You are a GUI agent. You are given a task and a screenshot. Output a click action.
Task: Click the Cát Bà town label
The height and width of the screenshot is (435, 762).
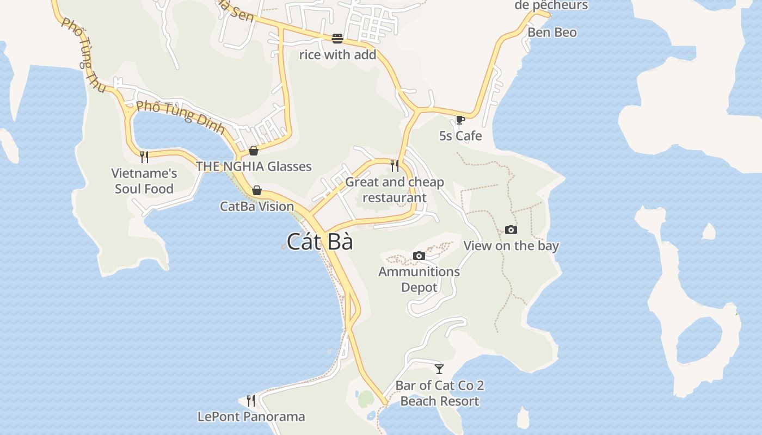coord(320,241)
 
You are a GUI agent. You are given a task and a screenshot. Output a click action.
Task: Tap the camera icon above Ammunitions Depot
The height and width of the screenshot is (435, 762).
coord(419,256)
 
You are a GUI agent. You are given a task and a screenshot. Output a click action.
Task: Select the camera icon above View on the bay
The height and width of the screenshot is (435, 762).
coord(511,229)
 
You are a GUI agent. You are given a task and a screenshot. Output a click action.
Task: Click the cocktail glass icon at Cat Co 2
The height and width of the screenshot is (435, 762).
coord(439,369)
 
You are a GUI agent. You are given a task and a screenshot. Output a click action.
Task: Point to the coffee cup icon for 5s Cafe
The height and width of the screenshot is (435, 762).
coord(460,120)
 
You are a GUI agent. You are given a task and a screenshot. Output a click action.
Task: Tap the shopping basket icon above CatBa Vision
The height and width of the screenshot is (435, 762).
coord(256,190)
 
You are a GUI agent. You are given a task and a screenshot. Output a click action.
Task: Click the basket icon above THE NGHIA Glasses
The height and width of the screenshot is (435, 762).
coord(254,151)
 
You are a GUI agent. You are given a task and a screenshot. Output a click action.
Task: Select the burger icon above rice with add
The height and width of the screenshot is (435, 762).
coord(337,39)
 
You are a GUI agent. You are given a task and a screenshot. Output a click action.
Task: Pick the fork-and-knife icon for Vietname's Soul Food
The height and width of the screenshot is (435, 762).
coord(144,157)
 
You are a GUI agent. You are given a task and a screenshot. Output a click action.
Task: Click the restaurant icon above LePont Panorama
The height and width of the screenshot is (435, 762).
coord(251,401)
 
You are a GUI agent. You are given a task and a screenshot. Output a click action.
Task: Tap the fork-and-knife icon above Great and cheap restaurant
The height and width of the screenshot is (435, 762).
coord(395,165)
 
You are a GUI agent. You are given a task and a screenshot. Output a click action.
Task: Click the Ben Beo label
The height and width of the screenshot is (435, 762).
coord(552,32)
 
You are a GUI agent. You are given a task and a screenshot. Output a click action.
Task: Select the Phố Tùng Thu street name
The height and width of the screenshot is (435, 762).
coord(83,55)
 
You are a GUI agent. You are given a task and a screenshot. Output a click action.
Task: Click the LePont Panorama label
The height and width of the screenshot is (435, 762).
coord(251,417)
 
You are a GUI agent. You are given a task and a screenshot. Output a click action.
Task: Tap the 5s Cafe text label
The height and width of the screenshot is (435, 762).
coord(460,135)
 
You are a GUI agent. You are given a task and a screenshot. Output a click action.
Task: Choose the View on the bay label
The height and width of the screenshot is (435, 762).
coord(511,246)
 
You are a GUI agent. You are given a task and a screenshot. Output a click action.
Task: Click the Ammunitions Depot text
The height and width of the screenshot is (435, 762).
coord(419,279)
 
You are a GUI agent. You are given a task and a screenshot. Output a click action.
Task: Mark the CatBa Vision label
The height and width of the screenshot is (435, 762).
coord(257,207)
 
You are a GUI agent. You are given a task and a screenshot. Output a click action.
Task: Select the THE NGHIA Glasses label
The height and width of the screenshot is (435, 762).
coord(254,166)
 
